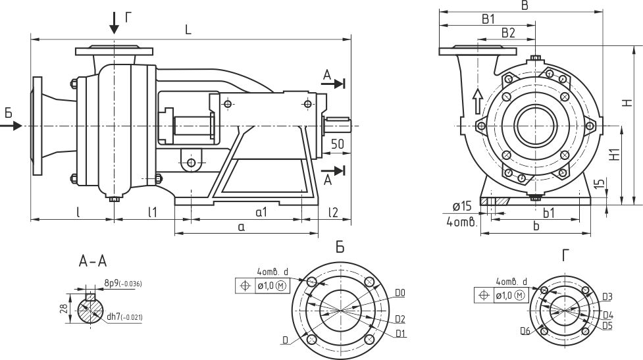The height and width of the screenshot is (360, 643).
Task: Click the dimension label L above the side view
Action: (188, 30)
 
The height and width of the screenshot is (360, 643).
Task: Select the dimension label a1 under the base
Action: (261, 212)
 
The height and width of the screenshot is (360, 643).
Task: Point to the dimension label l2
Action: (333, 212)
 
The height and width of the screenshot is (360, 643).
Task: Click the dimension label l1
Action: (153, 212)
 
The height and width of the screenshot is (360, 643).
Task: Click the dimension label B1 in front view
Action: (488, 19)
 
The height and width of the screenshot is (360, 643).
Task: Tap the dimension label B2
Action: (508, 32)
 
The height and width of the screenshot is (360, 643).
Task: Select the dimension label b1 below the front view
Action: (548, 213)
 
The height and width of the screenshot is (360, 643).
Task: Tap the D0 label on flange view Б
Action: (400, 292)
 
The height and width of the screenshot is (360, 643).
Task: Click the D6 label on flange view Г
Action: (525, 329)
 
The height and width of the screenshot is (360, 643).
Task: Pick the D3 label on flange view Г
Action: (607, 297)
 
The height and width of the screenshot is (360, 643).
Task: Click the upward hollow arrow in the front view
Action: (478, 99)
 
